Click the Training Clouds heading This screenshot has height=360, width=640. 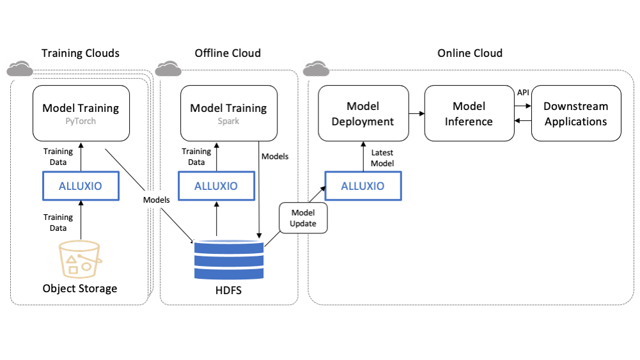(81, 53)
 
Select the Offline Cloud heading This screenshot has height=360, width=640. (228, 53)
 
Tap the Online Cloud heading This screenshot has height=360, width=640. (470, 53)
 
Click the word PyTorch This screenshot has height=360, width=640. (81, 120)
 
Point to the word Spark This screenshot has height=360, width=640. (228, 120)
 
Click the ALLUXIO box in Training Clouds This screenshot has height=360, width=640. (81, 186)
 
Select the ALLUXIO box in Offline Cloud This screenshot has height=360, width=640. (215, 186)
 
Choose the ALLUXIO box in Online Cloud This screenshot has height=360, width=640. (363, 186)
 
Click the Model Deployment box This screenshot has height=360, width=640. (363, 113)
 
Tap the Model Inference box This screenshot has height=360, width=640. (469, 113)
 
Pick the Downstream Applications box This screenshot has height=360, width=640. (575, 113)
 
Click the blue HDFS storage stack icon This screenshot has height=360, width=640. (228, 260)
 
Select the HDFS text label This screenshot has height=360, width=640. (228, 292)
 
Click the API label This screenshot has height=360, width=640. (523, 93)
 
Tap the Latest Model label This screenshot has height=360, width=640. (382, 158)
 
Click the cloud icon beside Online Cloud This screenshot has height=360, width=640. (316, 67)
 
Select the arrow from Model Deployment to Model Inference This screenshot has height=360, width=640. (416, 114)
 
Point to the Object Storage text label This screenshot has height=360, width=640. (80, 288)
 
